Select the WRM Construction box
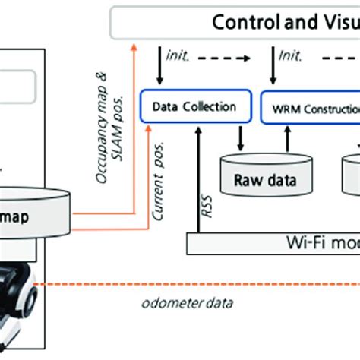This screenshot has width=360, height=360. pos(311,108)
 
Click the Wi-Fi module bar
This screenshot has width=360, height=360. pos(304,243)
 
